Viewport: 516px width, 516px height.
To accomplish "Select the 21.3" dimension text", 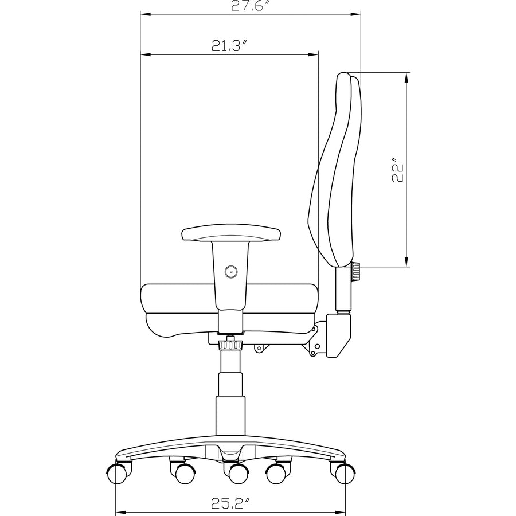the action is point(229,45).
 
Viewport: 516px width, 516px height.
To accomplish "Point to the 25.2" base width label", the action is point(230,503).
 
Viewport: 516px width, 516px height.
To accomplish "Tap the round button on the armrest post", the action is point(231,272).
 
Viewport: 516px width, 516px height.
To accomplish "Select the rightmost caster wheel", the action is point(345,474).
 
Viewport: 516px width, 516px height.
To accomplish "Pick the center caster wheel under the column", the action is point(239,474).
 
